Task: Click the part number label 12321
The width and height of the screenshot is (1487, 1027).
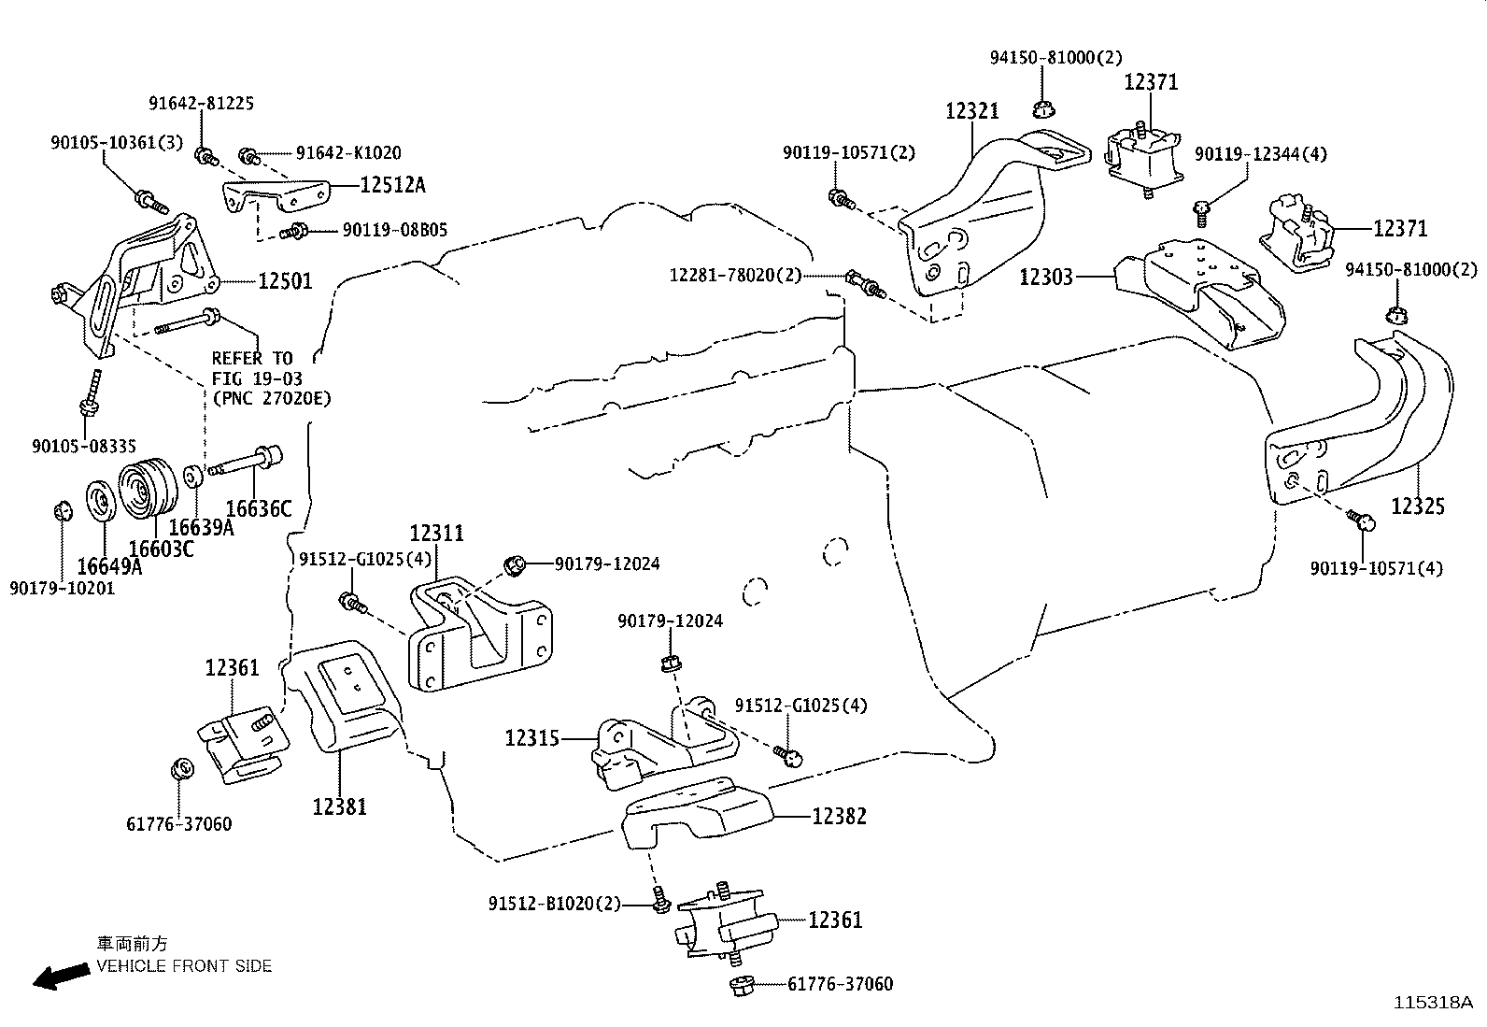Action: click(x=971, y=111)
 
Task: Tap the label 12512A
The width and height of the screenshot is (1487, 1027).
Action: click(x=392, y=185)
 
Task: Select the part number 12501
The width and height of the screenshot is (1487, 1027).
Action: click(x=285, y=280)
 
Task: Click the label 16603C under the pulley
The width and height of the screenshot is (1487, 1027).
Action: click(x=161, y=549)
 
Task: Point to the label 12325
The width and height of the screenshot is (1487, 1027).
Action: click(x=1417, y=506)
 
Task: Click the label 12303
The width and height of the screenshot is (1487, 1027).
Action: click(x=1046, y=277)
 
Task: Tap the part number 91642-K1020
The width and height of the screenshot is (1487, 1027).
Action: click(x=348, y=152)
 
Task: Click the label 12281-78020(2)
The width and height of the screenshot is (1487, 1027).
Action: click(x=735, y=275)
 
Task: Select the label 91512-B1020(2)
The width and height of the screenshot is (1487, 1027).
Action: click(x=554, y=904)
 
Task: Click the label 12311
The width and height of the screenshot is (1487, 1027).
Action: click(x=436, y=533)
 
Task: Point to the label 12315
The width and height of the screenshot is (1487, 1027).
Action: click(x=532, y=738)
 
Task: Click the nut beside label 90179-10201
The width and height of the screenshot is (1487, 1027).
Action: click(x=62, y=512)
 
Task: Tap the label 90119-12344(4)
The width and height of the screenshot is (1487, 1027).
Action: click(x=1260, y=154)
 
